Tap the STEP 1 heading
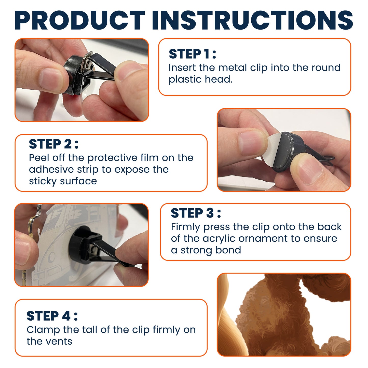click(192, 54)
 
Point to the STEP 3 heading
click(196, 213)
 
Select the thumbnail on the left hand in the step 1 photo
click(51, 78)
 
